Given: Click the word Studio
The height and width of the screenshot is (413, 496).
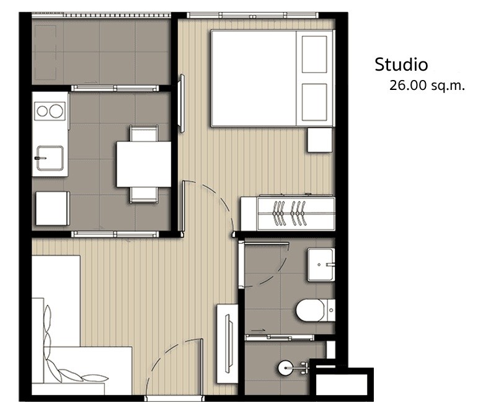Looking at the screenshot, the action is click(x=401, y=64).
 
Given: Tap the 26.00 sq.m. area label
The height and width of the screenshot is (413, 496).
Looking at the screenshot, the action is click(x=427, y=86).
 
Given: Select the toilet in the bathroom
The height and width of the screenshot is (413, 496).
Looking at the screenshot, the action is click(x=315, y=310).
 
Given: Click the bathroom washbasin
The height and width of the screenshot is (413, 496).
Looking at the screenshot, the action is click(x=321, y=265).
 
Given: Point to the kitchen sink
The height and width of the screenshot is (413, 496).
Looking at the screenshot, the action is click(x=50, y=158).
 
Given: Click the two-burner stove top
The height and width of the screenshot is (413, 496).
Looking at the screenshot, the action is click(x=50, y=111).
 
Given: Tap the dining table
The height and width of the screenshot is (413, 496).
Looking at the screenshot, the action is click(x=144, y=164).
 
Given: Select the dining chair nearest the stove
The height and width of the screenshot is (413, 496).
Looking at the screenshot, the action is click(x=144, y=133).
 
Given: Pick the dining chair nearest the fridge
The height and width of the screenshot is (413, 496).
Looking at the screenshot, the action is click(x=144, y=195).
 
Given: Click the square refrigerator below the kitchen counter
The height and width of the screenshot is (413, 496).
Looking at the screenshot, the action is click(x=53, y=208).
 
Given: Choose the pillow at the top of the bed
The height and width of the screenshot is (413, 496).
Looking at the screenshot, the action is click(x=314, y=55).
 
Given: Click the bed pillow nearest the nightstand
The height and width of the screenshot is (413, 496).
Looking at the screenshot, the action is click(x=314, y=102).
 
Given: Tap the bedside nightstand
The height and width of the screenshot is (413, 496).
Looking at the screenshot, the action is click(x=320, y=140).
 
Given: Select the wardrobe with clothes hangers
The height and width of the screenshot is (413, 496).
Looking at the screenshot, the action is click(x=288, y=213).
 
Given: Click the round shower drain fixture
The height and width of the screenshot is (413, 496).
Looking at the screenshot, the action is click(x=285, y=368).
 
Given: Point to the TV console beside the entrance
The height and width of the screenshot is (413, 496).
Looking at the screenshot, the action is click(x=227, y=344).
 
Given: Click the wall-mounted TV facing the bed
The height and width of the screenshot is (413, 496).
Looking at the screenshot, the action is click(x=182, y=104).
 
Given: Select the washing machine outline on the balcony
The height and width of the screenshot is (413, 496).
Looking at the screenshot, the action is click(x=45, y=53).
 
